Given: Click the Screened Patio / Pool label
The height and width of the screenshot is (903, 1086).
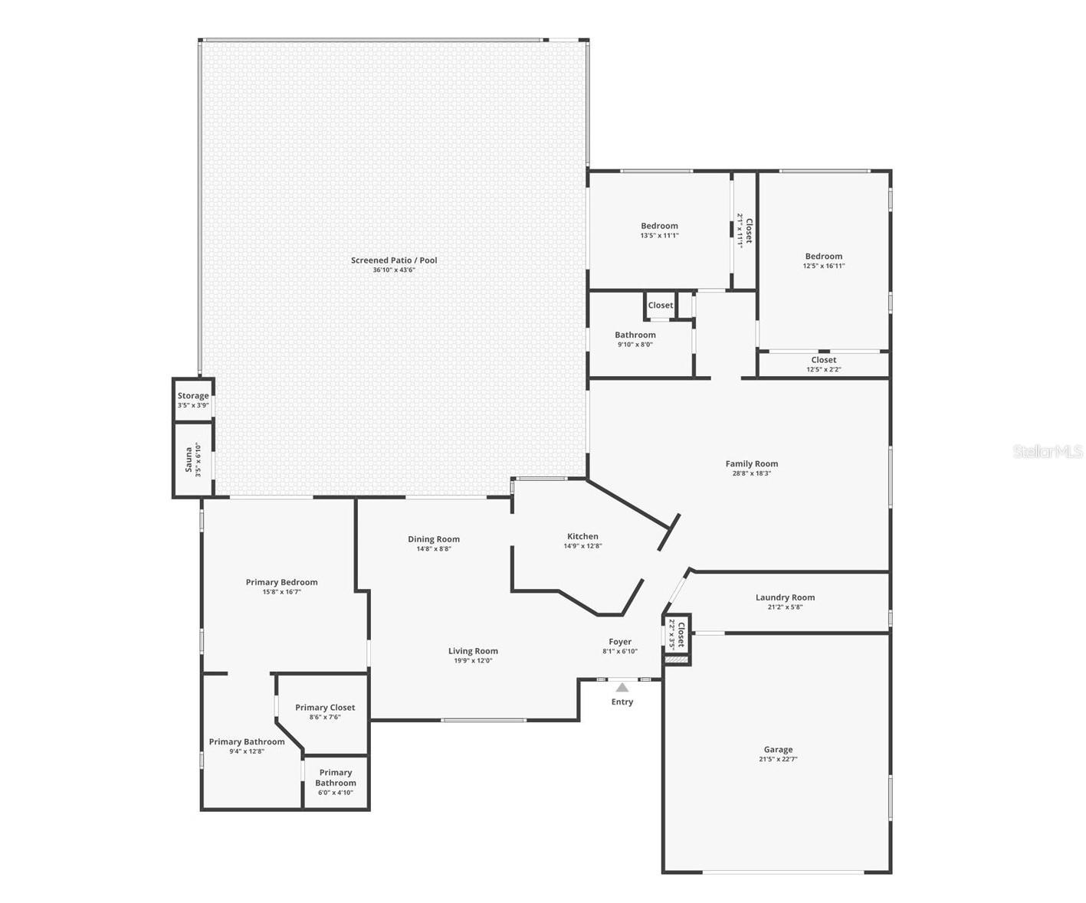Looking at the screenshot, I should click(394, 260).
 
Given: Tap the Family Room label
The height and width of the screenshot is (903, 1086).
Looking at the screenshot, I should click(751, 463).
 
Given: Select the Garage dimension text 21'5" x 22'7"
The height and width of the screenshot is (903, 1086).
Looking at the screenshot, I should click(778, 760).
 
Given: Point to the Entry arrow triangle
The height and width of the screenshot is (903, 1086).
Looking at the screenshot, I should click(622, 687).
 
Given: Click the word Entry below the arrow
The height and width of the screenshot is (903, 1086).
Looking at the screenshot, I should click(622, 702).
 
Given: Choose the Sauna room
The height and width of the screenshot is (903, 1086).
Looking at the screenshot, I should click(192, 460).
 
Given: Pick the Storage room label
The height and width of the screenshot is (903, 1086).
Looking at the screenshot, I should click(193, 396).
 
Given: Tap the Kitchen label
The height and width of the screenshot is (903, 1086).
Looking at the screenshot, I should click(582, 536).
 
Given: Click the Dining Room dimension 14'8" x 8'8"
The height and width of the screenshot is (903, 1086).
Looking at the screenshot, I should click(434, 549).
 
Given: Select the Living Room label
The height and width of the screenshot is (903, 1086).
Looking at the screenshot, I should click(473, 651).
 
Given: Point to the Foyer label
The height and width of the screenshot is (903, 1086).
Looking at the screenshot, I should click(620, 642).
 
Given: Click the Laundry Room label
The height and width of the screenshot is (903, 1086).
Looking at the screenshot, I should click(785, 597).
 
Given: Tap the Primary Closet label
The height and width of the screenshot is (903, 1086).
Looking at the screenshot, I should click(325, 708).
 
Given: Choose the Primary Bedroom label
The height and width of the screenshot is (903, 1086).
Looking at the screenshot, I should click(281, 582).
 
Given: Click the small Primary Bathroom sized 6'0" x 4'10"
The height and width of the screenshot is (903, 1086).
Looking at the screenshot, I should click(336, 781).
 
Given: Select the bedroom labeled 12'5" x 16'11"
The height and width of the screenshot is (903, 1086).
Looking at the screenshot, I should click(823, 260).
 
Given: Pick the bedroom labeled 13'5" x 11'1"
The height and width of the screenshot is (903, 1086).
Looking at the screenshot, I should click(659, 230).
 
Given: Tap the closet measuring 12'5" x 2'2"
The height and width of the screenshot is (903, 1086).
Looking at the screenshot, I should click(823, 364).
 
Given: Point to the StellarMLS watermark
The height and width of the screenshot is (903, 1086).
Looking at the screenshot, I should click(1047, 451).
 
